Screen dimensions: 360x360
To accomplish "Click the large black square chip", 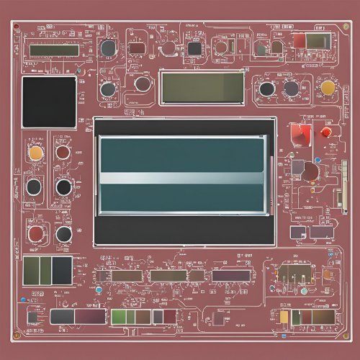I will pos(49,102).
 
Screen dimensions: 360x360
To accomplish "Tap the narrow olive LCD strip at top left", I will pos(54,50).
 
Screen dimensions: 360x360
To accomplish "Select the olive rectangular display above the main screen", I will pos(202,87).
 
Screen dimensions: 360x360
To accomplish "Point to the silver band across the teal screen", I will pos(182,178).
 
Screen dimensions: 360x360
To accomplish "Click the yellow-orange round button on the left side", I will pos(35,152).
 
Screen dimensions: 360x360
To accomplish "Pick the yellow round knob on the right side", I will pos(328,88).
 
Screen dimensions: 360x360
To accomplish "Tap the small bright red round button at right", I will pos(326,132).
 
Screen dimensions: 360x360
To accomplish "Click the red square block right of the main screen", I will pos(300,133).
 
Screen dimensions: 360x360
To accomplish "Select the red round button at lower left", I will pos(35,233).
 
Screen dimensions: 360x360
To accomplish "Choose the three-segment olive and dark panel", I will pos(48,270).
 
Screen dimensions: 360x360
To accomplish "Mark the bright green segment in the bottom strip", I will pos(119,317).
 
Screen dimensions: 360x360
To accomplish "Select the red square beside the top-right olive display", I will pos(300,40).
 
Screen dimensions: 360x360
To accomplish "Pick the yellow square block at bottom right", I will pos(284,317).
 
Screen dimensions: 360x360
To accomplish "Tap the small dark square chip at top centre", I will pos(194,48).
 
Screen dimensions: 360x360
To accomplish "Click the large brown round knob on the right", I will pos(310,171).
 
